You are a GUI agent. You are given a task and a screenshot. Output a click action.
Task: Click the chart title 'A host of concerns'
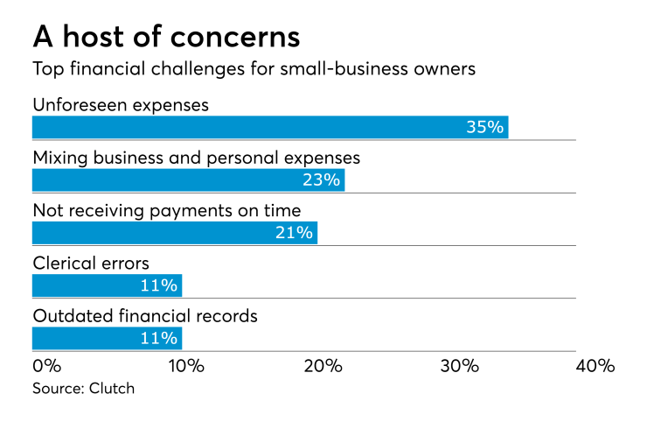pos(166,37)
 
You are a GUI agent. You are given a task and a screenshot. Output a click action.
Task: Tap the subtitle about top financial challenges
pos(254,70)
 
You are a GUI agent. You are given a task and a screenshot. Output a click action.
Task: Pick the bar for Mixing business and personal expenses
pos(188,180)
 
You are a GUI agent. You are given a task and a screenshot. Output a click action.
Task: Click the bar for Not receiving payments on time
pos(174,233)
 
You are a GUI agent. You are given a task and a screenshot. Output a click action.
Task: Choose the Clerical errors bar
pos(107,285)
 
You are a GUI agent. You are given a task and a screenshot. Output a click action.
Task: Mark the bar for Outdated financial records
pos(107,338)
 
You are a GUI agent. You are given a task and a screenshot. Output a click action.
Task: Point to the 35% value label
pos(484,128)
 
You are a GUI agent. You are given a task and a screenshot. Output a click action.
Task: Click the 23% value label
pos(321,180)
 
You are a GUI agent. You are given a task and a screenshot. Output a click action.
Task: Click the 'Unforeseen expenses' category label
pos(121,105)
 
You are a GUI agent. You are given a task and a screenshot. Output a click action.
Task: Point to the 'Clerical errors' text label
pos(91,263)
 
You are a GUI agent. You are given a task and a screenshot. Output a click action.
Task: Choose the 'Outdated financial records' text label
pos(145,315)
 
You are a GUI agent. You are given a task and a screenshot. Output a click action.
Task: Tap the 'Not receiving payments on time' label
pos(166,210)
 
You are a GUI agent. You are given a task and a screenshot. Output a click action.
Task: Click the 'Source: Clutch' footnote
pos(84,388)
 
